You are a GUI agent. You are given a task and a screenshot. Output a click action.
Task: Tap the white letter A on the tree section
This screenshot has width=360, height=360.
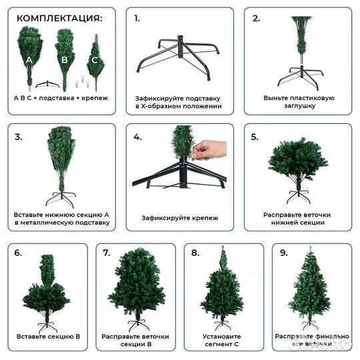[29, 60]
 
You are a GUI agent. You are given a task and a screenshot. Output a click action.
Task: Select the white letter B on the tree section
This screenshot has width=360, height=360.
[65, 60]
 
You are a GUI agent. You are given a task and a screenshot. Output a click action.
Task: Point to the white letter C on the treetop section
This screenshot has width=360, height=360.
[95, 60]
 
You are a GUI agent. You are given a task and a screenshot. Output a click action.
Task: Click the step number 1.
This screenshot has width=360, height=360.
[137, 19]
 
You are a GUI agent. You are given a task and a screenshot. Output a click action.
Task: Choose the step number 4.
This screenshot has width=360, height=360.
[137, 137]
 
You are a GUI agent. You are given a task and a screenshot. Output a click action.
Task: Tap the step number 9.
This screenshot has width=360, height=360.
[284, 253]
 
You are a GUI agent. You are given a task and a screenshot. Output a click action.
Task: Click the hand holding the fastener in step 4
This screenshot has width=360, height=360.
[209, 150]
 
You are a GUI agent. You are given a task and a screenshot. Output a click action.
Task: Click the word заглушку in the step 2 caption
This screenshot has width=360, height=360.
[299, 106]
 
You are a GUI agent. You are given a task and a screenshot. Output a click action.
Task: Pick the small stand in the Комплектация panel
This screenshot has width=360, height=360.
[47, 84]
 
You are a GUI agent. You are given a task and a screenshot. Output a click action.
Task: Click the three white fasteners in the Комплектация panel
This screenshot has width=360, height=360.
[82, 81]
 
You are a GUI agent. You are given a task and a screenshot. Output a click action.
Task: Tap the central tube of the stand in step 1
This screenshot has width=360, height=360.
[181, 47]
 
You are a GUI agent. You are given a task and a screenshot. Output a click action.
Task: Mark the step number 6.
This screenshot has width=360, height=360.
[18, 253]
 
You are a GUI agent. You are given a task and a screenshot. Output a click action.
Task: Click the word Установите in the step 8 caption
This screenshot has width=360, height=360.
[221, 337]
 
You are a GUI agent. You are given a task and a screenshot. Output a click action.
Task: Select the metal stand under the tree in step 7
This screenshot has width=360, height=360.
[137, 325]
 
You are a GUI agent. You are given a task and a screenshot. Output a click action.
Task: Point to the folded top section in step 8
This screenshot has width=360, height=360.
[223, 257]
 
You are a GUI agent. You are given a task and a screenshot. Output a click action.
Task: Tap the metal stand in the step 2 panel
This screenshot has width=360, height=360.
[301, 77]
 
